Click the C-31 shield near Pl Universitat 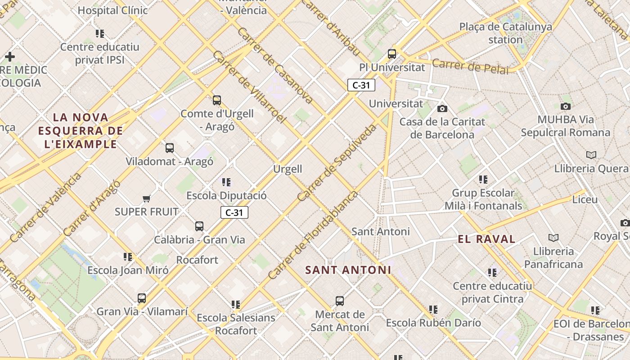(361, 85)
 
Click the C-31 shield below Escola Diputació (234, 212)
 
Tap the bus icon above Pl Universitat (392, 54)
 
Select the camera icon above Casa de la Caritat (442, 108)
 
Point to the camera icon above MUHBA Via (566, 106)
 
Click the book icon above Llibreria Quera (591, 155)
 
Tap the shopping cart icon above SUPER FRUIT (146, 198)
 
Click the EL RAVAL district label (486, 239)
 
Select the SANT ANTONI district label (348, 270)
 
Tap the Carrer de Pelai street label (470, 67)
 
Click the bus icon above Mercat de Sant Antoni (340, 301)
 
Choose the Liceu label (585, 199)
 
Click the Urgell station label (288, 169)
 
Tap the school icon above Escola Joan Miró (128, 257)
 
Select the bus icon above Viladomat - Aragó (170, 148)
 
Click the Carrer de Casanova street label (274, 66)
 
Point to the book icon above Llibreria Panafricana (553, 238)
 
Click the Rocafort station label (197, 260)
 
